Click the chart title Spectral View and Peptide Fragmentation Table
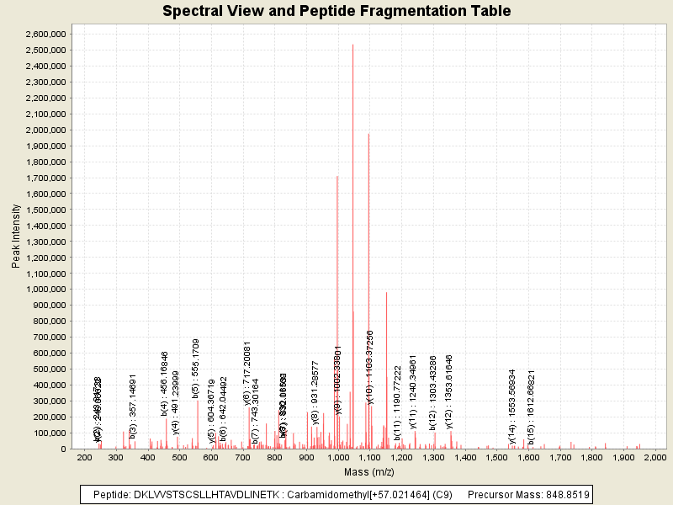[x=336, y=11]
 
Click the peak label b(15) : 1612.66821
[x=532, y=407]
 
